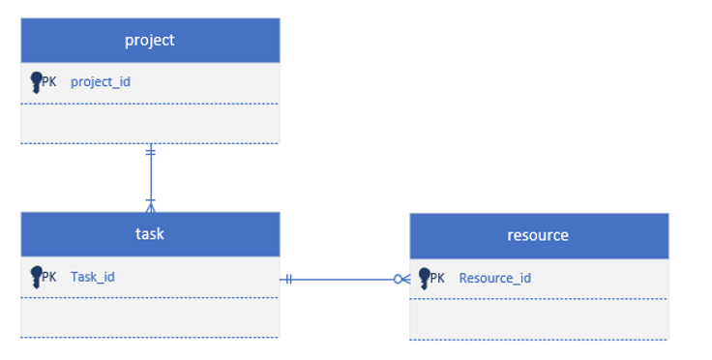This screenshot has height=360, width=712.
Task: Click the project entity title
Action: pyautogui.click(x=150, y=40)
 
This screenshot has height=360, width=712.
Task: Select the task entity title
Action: pyautogui.click(x=150, y=233)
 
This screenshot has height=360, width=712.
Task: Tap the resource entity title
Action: pyautogui.click(x=538, y=235)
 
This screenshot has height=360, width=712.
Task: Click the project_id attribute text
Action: pyautogui.click(x=101, y=82)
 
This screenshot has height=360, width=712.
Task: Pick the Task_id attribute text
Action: pyautogui.click(x=93, y=277)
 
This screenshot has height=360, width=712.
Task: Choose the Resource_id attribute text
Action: pyautogui.click(x=494, y=279)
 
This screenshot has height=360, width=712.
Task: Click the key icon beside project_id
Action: pyautogui.click(x=36, y=82)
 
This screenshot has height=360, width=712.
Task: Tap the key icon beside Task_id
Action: pyautogui.click(x=36, y=277)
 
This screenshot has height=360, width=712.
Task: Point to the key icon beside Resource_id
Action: pyautogui.click(x=424, y=279)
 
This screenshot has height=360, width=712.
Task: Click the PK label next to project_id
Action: pyautogui.click(x=49, y=82)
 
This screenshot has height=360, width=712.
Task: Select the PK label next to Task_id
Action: pyautogui.click(x=49, y=277)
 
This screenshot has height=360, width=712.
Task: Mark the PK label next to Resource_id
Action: pyautogui.click(x=437, y=279)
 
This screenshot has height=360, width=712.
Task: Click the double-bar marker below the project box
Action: pyautogui.click(x=150, y=152)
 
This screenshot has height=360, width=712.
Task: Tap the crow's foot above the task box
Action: pyautogui.click(x=150, y=205)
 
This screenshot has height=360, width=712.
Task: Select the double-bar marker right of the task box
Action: pyautogui.click(x=288, y=280)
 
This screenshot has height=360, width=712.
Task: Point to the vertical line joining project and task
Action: pyautogui.click(x=150, y=179)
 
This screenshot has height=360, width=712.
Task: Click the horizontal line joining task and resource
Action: pyautogui.click(x=343, y=280)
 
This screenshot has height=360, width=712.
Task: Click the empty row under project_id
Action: pyautogui.click(x=150, y=123)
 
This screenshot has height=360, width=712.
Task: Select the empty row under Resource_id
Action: pyautogui.click(x=538, y=318)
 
